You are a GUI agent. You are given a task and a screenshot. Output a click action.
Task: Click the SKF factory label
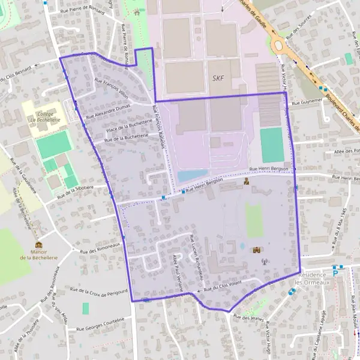pos(218,79)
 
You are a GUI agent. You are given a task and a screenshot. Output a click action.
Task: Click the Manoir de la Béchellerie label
pos(39,254)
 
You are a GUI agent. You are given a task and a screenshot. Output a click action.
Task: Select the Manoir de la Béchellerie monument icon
pos(39,244)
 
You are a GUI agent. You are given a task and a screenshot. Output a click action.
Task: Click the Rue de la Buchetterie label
pos(126,138)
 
